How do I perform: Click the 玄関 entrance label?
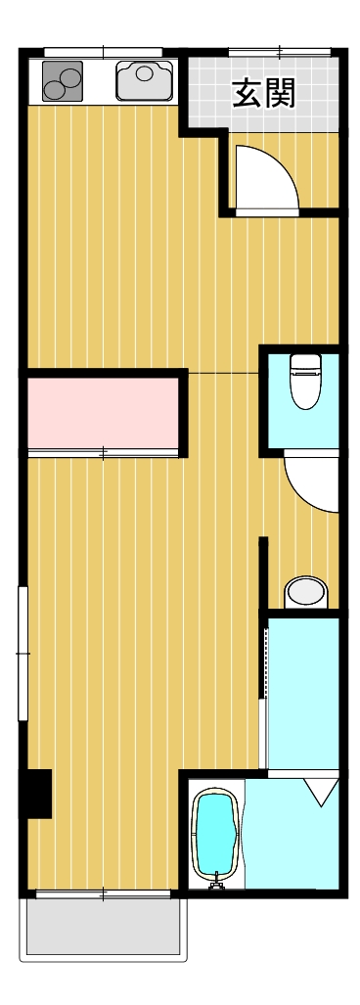click(x=264, y=94)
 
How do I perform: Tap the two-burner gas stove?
click(x=63, y=81)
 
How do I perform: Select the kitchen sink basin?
click(x=145, y=81)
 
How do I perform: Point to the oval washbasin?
click(x=305, y=592)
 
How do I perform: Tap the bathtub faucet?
click(x=216, y=882)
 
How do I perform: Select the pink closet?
click(x=103, y=413)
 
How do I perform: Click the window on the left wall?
click(x=23, y=653)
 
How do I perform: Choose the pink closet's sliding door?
click(x=103, y=453)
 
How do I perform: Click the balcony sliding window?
click(x=103, y=894)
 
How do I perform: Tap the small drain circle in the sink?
click(x=145, y=73)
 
